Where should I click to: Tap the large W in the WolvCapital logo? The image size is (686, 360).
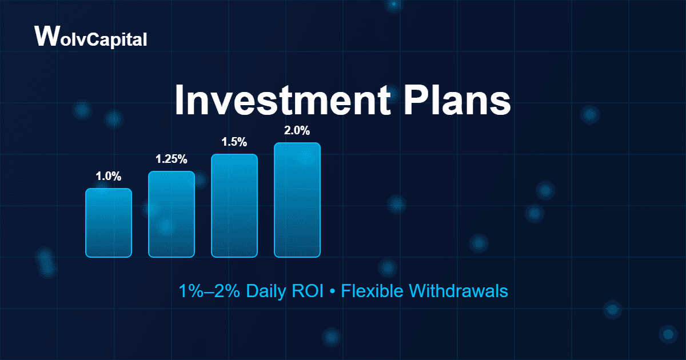(45, 35)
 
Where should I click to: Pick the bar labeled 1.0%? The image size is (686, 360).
(109, 223)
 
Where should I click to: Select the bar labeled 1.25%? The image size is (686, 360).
(171, 214)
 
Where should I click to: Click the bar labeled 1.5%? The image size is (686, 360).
(234, 206)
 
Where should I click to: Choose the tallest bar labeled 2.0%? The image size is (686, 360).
(297, 200)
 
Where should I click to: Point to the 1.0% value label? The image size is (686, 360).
(109, 177)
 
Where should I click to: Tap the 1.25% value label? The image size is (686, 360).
(171, 159)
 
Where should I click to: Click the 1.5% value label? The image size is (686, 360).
(234, 142)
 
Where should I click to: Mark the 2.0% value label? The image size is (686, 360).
(297, 131)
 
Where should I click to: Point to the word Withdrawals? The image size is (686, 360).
(458, 291)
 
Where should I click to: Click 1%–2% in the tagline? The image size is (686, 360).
(209, 291)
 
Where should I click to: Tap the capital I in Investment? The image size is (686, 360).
(180, 101)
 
